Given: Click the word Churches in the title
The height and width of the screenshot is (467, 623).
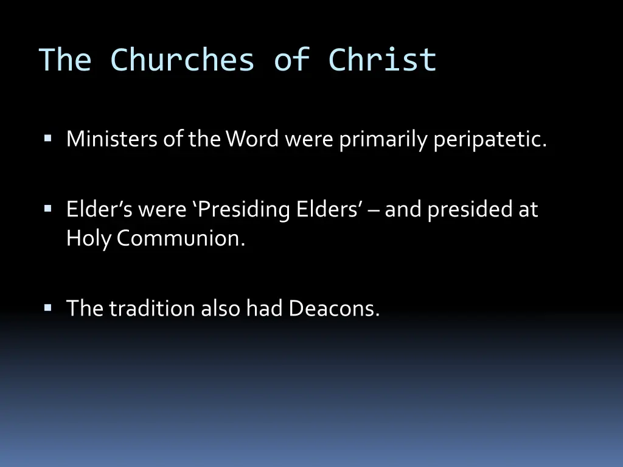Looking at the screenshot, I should tap(183, 60).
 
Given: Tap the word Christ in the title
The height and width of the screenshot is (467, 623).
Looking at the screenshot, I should tap(382, 60).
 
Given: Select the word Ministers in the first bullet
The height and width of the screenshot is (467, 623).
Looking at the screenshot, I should tap(112, 140).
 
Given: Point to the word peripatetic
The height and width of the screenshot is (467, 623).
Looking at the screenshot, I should tap(490, 140).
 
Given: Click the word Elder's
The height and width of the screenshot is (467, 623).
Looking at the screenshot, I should tap(99, 210).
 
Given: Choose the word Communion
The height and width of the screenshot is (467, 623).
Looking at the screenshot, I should tap(181, 239).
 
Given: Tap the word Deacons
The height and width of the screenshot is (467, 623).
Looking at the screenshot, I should tap(334, 308).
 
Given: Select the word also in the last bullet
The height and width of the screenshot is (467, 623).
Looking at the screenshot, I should tap(221, 308).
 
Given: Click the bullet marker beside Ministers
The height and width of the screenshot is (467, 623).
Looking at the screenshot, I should tap(47, 139).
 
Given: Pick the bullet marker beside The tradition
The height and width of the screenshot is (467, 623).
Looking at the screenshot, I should tap(47, 308).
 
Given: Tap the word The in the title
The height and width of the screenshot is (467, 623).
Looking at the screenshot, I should tap(65, 60).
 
